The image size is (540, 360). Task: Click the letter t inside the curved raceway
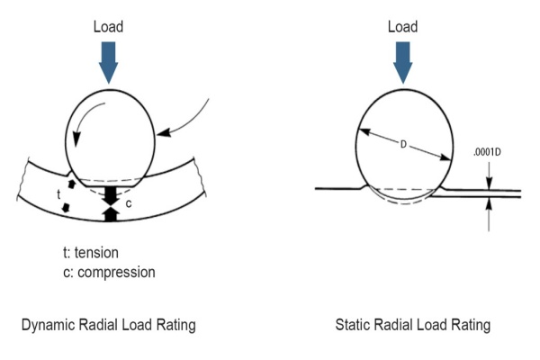[x=58, y=193]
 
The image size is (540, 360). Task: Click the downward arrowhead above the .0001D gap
[x=489, y=183]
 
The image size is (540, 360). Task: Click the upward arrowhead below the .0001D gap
[x=489, y=204]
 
